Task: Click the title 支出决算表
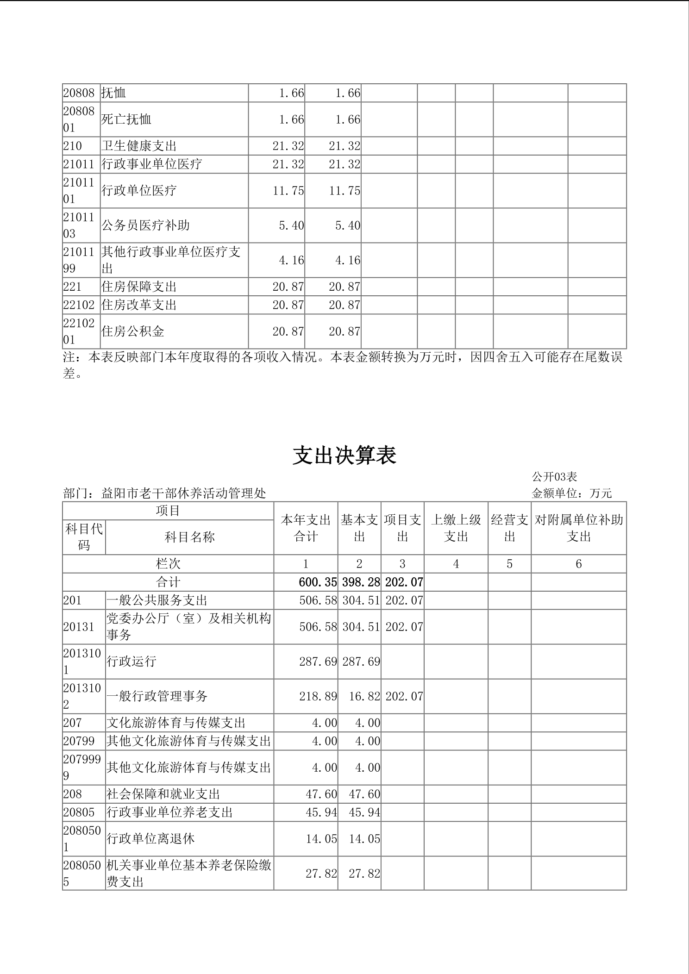pyautogui.click(x=344, y=456)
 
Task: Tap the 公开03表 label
pyautogui.click(x=554, y=477)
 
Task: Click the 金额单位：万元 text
pyautogui.click(x=571, y=493)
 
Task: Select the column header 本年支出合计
pyautogui.click(x=306, y=528)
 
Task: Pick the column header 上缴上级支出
pyautogui.click(x=456, y=528)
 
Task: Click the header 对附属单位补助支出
pyautogui.click(x=579, y=528)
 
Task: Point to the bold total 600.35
pyautogui.click(x=318, y=582)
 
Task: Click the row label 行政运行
pyautogui.click(x=132, y=662)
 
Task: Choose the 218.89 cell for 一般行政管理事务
pyautogui.click(x=318, y=696)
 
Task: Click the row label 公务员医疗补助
pyautogui.click(x=145, y=225)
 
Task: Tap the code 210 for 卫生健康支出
pyautogui.click(x=73, y=146)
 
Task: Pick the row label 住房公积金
pyautogui.click(x=133, y=331)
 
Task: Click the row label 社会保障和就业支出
pyautogui.click(x=163, y=794)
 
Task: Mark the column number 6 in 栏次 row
pyautogui.click(x=578, y=564)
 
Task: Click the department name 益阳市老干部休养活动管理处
pyautogui.click(x=183, y=493)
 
